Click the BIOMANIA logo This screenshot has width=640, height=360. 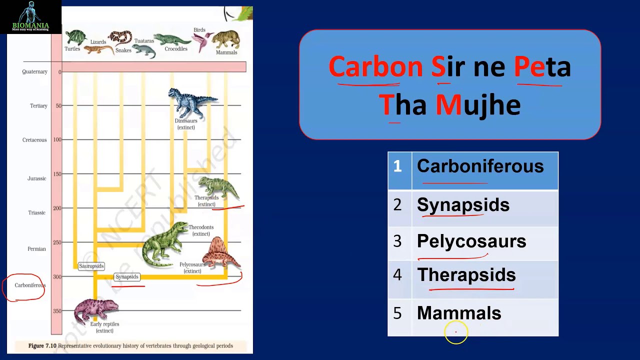[x=30, y=17]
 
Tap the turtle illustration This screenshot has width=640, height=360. [x=75, y=38]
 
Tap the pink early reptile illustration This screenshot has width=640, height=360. [x=95, y=310]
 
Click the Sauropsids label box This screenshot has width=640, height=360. [x=91, y=266]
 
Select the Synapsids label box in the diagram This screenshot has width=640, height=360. [x=127, y=276]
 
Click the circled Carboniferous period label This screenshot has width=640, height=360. [x=29, y=285]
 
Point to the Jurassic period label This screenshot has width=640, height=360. [x=36, y=178]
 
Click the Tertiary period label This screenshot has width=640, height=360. [x=38, y=106]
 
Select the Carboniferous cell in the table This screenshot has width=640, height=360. [x=480, y=166]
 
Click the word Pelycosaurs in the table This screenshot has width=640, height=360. [x=471, y=241]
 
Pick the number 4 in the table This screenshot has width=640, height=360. [x=397, y=275]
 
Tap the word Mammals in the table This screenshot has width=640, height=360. [x=459, y=313]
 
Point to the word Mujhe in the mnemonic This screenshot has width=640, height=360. [x=477, y=105]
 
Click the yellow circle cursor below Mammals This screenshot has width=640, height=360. [x=456, y=332]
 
